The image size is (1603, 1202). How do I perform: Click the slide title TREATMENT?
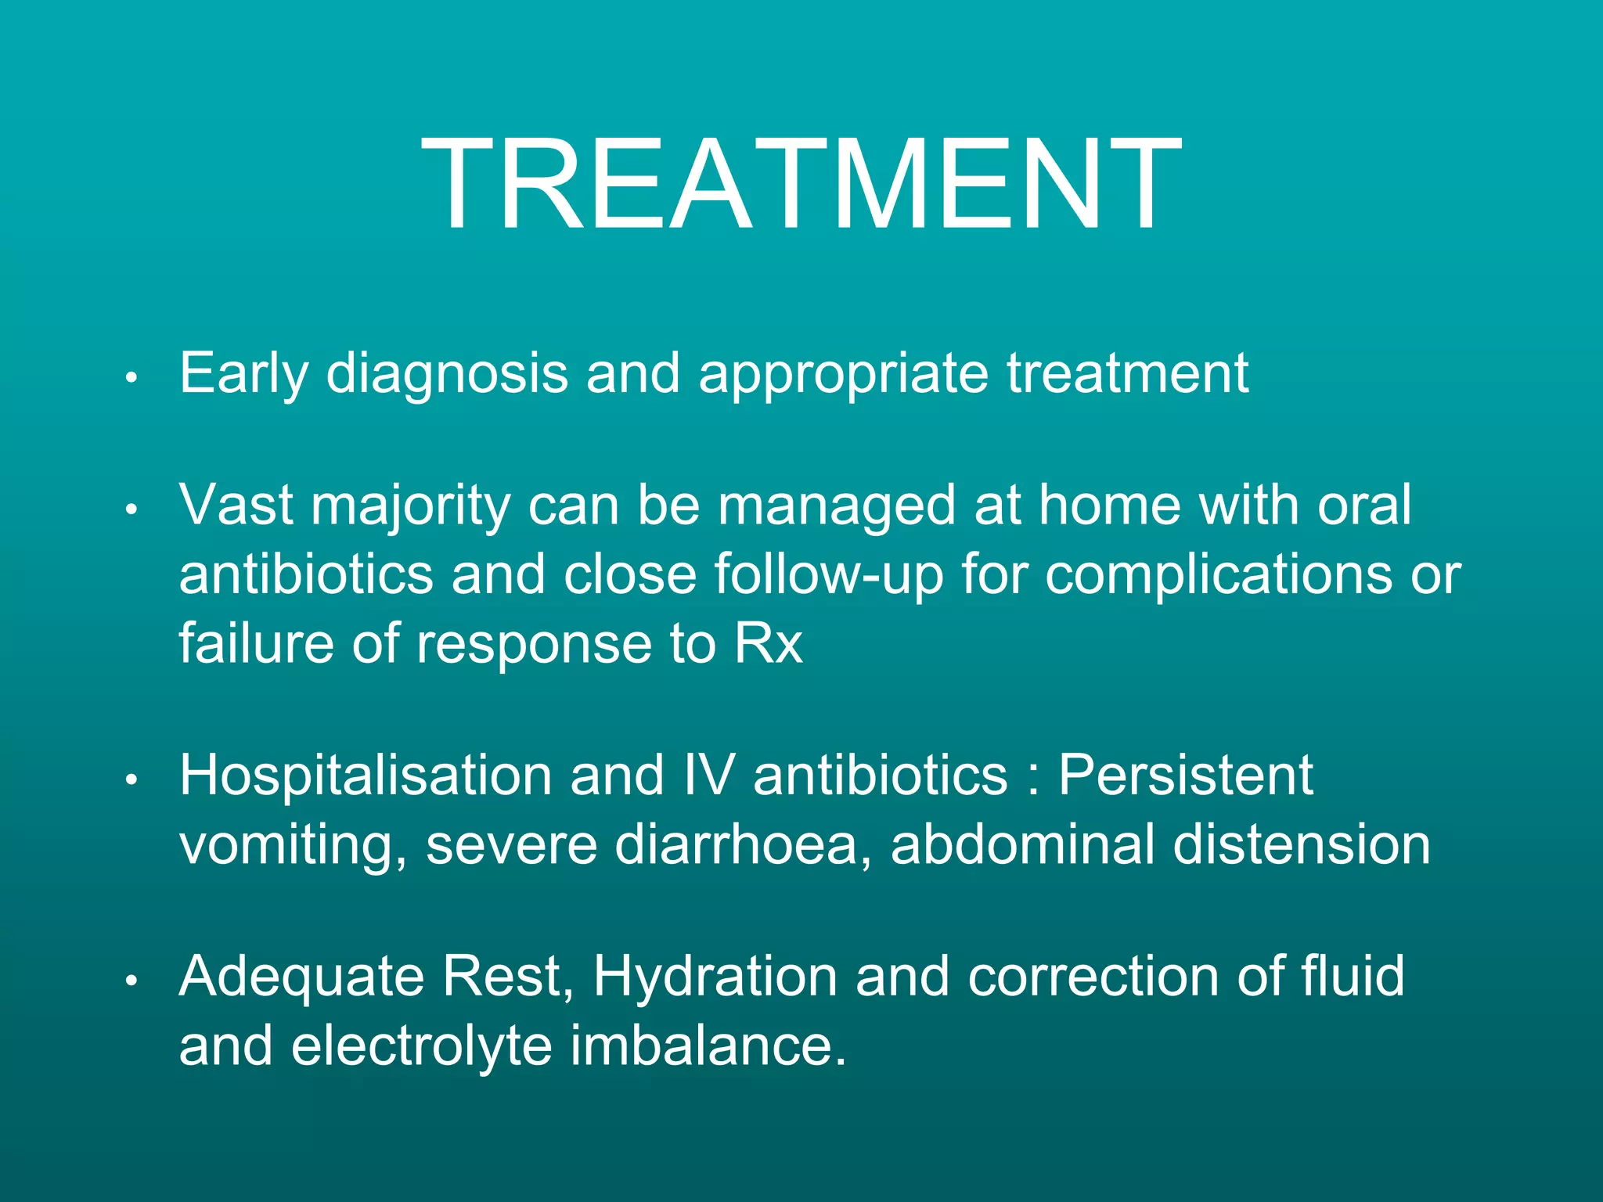coord(801,185)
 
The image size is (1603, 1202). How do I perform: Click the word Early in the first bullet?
coord(243,373)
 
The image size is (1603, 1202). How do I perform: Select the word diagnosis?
coord(447,373)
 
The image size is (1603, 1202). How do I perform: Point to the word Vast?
coord(236,505)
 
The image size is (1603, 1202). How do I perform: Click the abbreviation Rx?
coord(768,643)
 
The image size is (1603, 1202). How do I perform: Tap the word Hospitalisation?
coord(366,776)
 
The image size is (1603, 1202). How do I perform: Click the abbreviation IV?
coord(708,776)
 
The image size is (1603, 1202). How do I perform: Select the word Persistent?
coord(1185,776)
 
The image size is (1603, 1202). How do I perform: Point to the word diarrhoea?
coord(736,844)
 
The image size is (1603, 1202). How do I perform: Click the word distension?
coord(1301,844)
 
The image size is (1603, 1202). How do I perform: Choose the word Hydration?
coord(715,977)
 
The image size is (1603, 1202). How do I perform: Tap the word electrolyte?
coord(421,1045)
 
